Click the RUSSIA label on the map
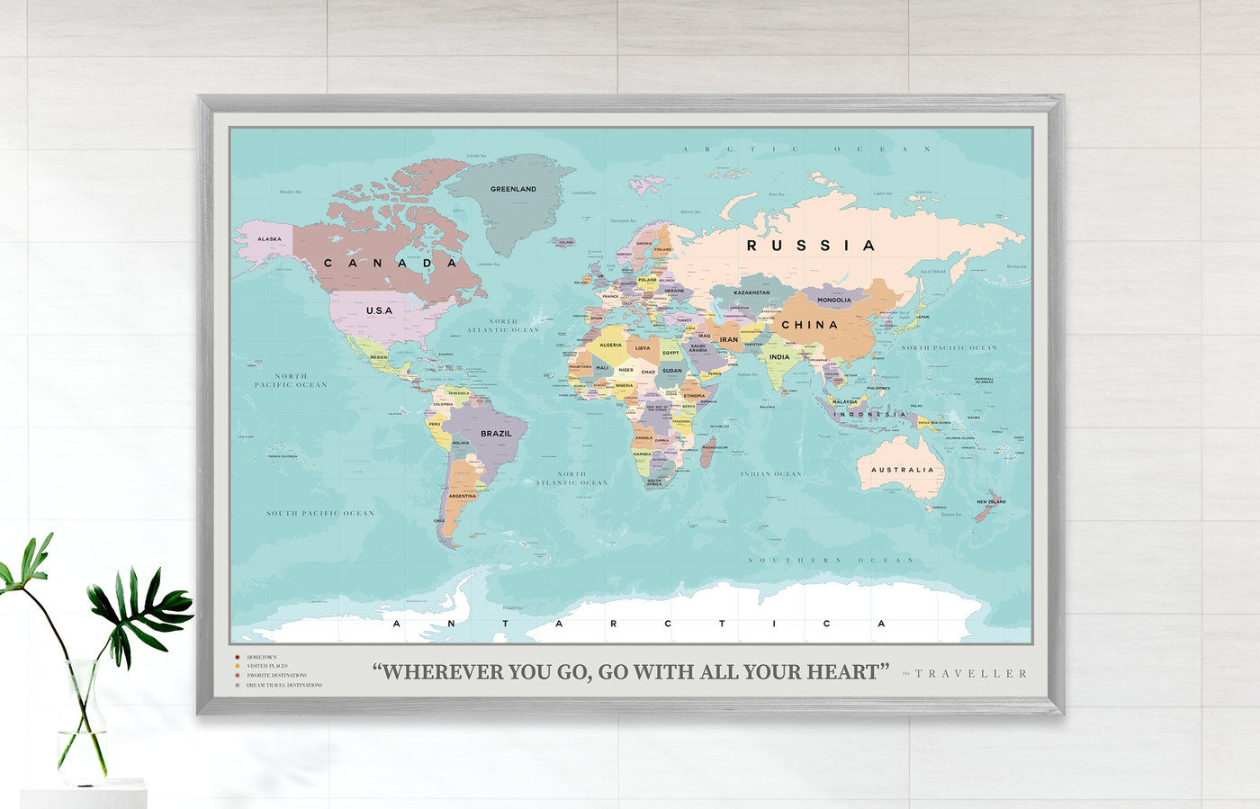(811, 246)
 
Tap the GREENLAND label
(513, 189)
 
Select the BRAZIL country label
(496, 434)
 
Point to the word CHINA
(809, 325)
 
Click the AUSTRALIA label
(903, 470)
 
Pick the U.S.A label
(379, 310)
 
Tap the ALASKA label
(269, 239)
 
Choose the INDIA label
(779, 357)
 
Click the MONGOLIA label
(834, 300)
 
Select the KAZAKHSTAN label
(751, 292)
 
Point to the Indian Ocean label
(770, 474)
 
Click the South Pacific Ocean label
(320, 513)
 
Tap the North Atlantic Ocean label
(503, 326)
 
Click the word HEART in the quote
(842, 672)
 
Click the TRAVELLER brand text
(971, 673)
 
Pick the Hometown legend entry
(262, 658)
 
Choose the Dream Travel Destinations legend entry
(284, 685)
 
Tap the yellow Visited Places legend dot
(238, 667)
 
